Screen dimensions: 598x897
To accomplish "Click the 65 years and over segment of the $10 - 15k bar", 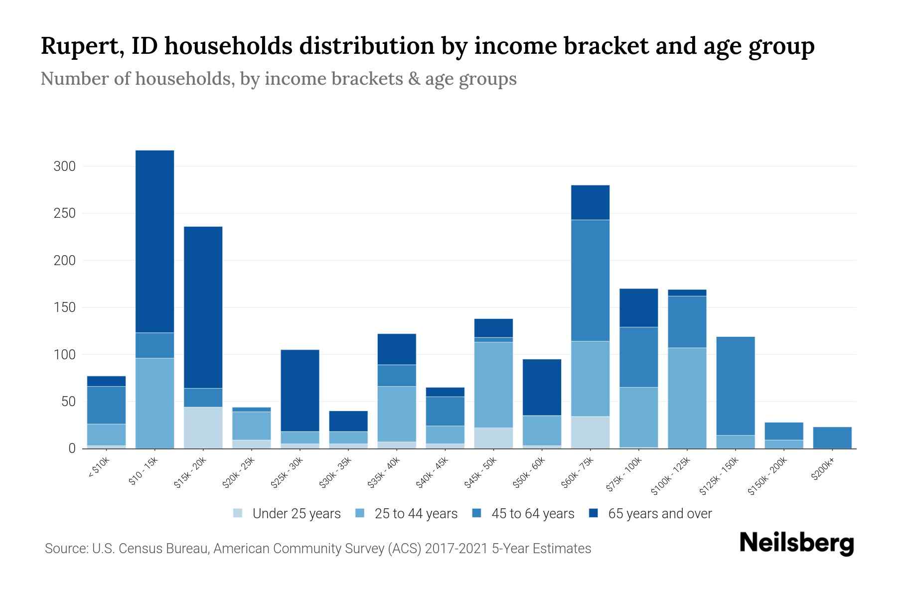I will pyautogui.click(x=154, y=241).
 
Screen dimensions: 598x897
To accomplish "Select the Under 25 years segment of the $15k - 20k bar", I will pyautogui.click(x=203, y=428).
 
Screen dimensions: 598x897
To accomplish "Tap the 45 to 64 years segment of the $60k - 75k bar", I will pyautogui.click(x=590, y=280).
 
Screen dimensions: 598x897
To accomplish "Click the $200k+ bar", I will pyautogui.click(x=832, y=438).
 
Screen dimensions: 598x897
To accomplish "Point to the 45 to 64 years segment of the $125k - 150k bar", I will pyautogui.click(x=736, y=386).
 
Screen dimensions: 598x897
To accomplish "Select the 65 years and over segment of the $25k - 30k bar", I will pyautogui.click(x=300, y=390).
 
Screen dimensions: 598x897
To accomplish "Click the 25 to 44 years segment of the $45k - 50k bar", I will pyautogui.click(x=493, y=384).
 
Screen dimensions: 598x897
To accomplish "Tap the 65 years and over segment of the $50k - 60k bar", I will pyautogui.click(x=542, y=387).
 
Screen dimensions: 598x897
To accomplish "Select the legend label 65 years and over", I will pyautogui.click(x=660, y=514).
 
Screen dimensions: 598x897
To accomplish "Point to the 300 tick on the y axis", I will pyautogui.click(x=64, y=166).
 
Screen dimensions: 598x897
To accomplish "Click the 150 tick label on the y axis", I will pyautogui.click(x=64, y=307).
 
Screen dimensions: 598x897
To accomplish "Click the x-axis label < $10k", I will pyautogui.click(x=99, y=468).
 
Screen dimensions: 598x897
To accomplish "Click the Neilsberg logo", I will pyautogui.click(x=796, y=543).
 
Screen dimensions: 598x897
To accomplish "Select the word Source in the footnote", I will pyautogui.click(x=65, y=549).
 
